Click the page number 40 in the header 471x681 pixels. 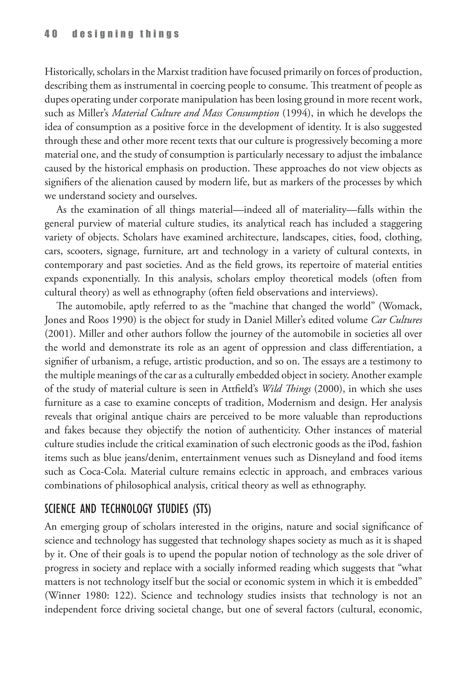click(51, 34)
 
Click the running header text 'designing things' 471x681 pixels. click(125, 34)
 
